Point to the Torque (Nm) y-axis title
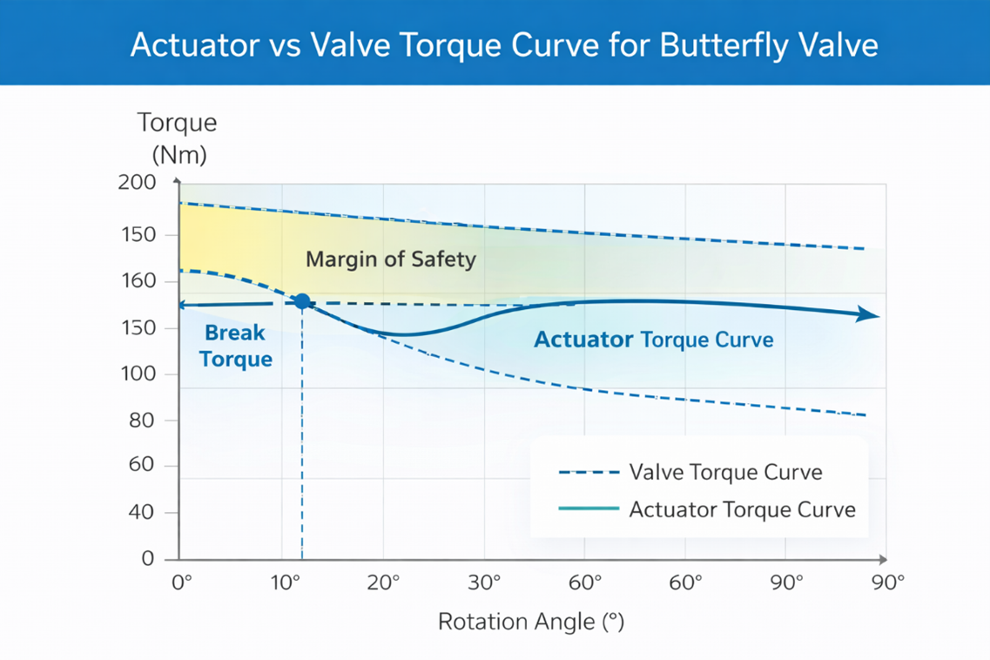(x=178, y=138)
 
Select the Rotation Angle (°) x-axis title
(x=531, y=622)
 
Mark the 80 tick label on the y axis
(x=140, y=421)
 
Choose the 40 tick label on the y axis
(x=140, y=513)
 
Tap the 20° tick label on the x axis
(x=385, y=583)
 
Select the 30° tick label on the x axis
(x=485, y=583)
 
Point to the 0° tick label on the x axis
(x=181, y=583)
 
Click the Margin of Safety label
(x=391, y=259)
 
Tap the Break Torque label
(x=235, y=346)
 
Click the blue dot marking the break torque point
(x=302, y=302)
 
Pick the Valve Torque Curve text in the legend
(x=725, y=473)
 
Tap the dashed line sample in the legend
(x=589, y=473)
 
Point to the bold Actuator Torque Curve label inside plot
(x=653, y=340)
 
